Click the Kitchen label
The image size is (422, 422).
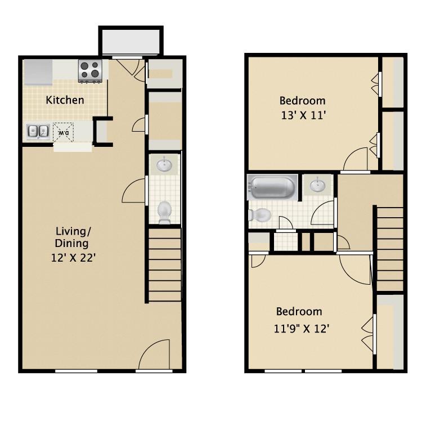pos(65,101)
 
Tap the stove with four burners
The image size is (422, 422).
pos(89,70)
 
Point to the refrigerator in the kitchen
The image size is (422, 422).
pos(37,70)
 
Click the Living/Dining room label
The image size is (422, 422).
pos(73,237)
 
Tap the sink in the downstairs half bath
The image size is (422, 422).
pos(164,165)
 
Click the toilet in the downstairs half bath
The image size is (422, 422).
pos(164,212)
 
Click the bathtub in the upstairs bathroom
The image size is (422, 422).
pos(273,187)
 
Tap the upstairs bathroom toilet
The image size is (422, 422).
pos(259,214)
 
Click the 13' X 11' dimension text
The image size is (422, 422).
pos(303,115)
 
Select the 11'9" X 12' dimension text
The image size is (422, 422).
pos(300,328)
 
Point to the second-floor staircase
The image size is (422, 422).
pos(389,248)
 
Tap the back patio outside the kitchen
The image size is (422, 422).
pos(131,41)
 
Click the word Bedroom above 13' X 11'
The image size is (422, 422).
pos(303,101)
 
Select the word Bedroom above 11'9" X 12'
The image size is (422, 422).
pos(299,312)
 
